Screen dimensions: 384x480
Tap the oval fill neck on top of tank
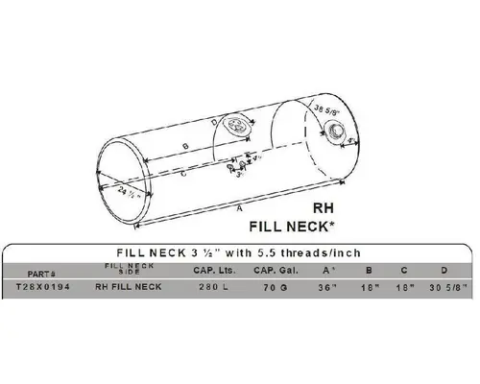coord(235,125)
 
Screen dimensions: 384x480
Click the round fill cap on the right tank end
coord(337,144)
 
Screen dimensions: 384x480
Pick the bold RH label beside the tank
coord(324,206)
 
